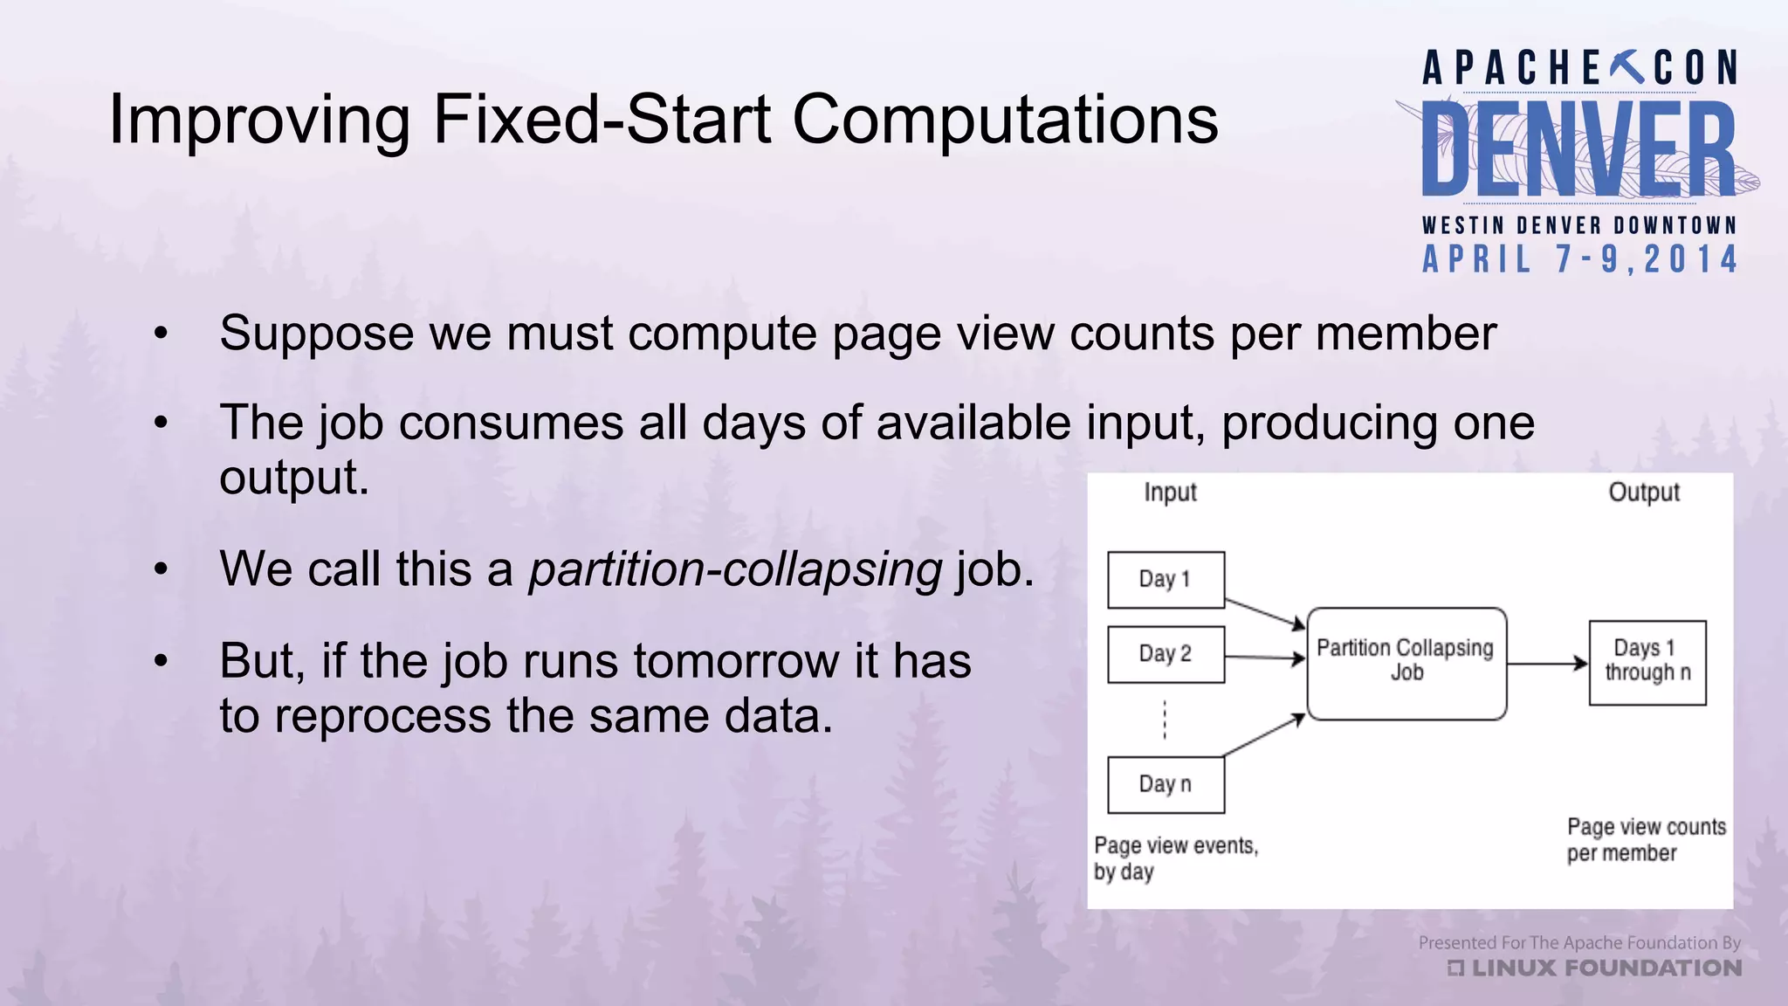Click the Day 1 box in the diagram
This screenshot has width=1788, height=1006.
(1166, 580)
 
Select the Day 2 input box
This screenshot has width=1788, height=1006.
(1166, 654)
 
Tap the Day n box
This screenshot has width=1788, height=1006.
(1166, 785)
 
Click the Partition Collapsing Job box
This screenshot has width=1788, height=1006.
(1406, 663)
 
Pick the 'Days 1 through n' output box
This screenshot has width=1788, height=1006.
(1647, 663)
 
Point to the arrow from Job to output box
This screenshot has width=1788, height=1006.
(1546, 664)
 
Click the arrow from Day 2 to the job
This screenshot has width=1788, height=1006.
(1263, 657)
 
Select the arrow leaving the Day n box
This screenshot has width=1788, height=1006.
(1263, 735)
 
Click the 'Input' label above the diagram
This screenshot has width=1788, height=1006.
(1170, 493)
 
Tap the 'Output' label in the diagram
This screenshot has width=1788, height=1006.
(1643, 493)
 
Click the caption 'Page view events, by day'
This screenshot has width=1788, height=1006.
(1174, 858)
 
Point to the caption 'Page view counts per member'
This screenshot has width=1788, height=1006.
(1646, 840)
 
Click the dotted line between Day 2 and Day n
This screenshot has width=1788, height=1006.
(1165, 720)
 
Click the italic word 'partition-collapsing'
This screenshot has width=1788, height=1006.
(735, 570)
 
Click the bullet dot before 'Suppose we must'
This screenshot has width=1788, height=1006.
(160, 334)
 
